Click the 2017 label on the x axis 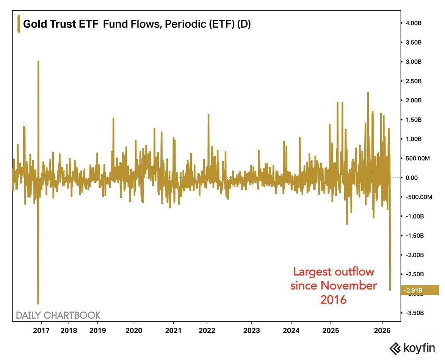41,330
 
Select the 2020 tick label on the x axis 134,330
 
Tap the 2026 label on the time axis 382,330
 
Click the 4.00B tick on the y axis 414,23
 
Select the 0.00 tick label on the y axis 412,178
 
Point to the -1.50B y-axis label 414,236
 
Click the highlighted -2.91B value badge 419,290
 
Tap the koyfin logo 412,348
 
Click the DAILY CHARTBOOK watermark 58,315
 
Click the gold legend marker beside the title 19,24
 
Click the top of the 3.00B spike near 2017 38,62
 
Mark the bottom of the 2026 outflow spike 390,290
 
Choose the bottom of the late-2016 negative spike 38,304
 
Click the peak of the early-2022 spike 208,114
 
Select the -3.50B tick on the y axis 414,313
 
